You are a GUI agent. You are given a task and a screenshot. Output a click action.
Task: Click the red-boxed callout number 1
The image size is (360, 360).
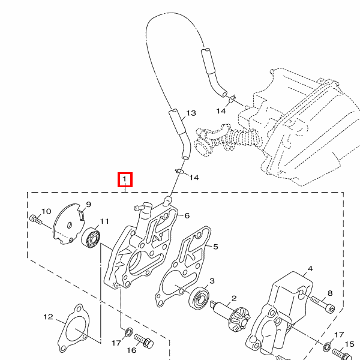(x=125, y=179)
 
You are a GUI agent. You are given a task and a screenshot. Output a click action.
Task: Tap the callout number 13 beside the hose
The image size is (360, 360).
(x=191, y=113)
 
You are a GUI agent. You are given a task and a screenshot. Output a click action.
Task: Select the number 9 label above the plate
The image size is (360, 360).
(x=88, y=205)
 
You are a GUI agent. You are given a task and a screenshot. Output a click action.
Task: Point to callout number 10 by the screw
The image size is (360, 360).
(x=46, y=211)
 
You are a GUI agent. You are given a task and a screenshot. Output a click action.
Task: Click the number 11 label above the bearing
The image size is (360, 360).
(x=104, y=221)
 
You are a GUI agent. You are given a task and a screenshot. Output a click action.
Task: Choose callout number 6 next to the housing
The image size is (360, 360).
(x=187, y=215)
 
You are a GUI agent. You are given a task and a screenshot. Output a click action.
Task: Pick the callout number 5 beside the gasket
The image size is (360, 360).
(x=215, y=247)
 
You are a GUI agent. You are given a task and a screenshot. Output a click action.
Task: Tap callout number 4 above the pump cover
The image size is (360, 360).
(x=310, y=269)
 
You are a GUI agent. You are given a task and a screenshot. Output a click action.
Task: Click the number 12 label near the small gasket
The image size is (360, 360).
(x=48, y=317)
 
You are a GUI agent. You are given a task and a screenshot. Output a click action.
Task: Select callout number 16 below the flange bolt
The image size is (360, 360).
(x=131, y=350)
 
